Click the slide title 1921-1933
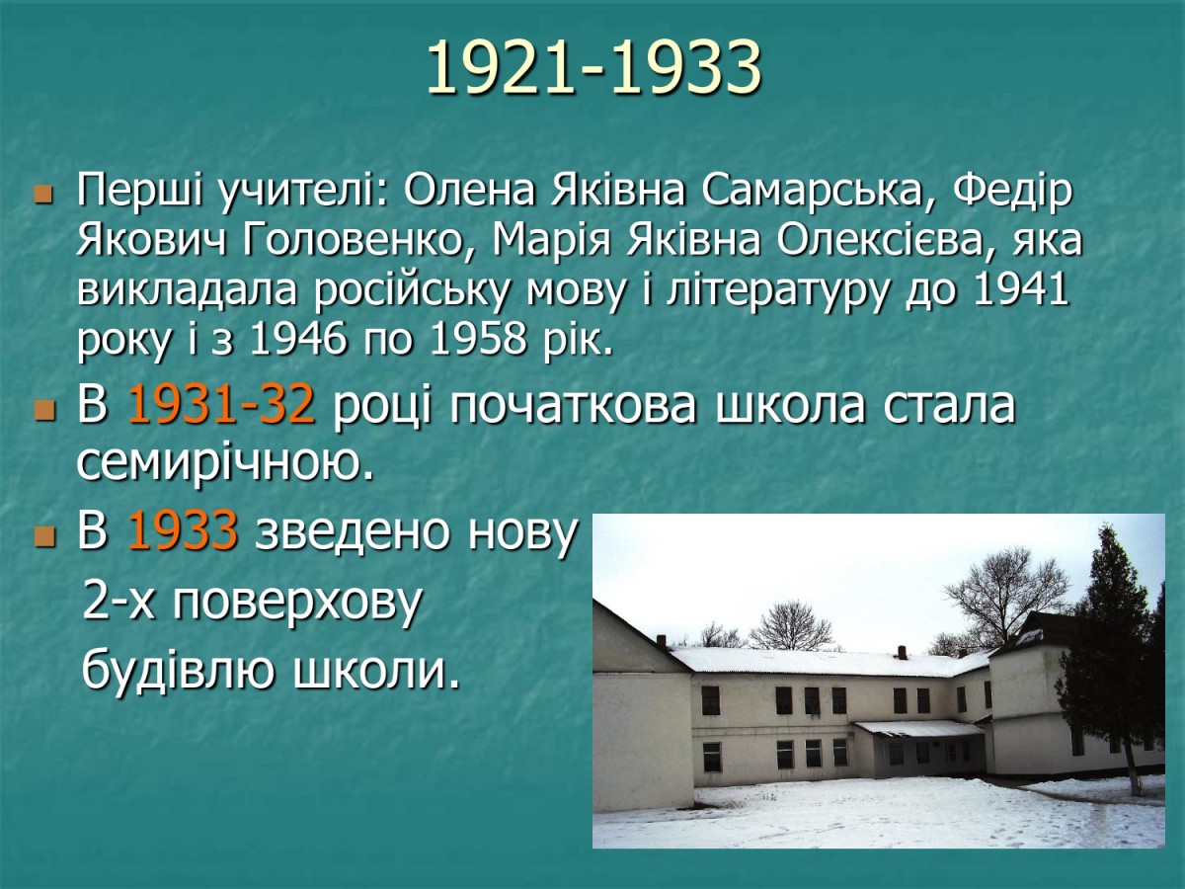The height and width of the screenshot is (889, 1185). click(593, 68)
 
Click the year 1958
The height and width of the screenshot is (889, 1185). click(478, 340)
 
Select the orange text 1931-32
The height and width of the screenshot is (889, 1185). click(221, 405)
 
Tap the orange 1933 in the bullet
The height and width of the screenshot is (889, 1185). click(183, 529)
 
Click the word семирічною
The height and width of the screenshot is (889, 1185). click(225, 463)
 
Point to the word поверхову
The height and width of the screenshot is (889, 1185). click(296, 604)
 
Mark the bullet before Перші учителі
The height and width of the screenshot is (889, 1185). click(42, 195)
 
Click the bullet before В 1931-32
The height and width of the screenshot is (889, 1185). click(42, 409)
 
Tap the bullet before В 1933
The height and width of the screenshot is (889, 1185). click(42, 533)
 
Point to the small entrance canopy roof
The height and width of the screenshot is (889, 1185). click(918, 729)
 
